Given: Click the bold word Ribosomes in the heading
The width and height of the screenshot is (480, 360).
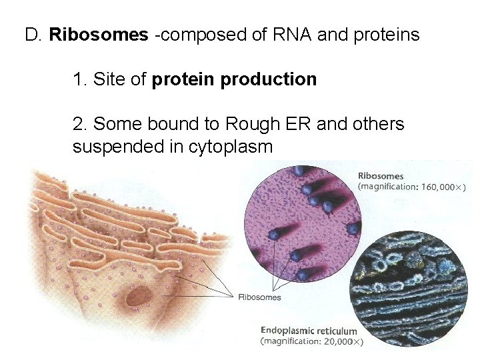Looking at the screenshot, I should (x=99, y=34).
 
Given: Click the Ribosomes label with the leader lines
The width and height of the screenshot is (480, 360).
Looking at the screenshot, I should (x=259, y=297).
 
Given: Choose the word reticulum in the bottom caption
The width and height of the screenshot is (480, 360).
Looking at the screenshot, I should (x=336, y=331).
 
